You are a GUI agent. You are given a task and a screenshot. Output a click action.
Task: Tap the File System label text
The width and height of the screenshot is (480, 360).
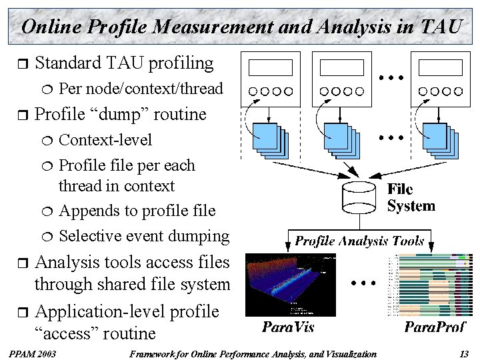411,198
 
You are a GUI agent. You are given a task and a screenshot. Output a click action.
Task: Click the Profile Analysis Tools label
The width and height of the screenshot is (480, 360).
359,241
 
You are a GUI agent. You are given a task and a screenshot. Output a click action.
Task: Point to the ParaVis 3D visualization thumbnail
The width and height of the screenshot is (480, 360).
287,285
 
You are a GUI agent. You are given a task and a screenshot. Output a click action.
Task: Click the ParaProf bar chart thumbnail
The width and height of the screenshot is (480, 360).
429,285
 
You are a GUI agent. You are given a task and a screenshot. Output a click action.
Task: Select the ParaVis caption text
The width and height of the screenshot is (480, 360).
287,327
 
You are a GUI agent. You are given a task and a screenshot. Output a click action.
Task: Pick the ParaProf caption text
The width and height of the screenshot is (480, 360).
435,327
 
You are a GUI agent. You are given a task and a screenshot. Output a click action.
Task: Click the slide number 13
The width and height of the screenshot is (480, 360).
464,354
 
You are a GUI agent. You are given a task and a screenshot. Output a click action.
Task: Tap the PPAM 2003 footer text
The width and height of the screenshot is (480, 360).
33,354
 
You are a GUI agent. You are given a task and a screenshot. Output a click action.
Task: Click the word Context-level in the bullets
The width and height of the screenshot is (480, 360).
105,140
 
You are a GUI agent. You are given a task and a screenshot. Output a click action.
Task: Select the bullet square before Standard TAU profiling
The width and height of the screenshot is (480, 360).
21,64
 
